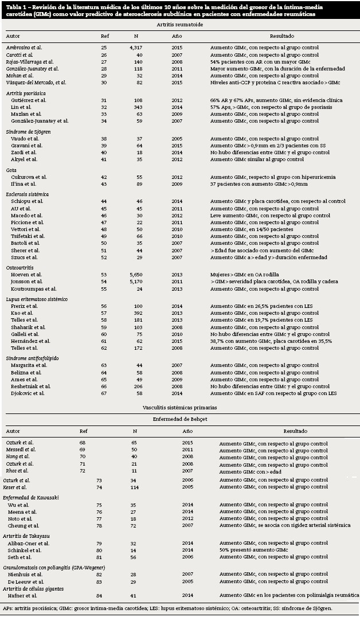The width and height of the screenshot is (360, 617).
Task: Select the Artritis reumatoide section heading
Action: coord(179,25)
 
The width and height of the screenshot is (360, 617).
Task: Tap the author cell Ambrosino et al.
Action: coord(24,47)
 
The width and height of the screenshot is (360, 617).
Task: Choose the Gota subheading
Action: coord(11,170)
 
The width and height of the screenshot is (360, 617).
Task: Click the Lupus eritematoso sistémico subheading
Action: coord(37,299)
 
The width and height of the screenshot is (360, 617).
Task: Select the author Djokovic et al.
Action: coord(29,393)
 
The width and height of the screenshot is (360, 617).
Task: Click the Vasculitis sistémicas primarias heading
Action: coord(179,407)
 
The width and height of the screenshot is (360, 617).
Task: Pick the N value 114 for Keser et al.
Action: coord(135,487)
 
